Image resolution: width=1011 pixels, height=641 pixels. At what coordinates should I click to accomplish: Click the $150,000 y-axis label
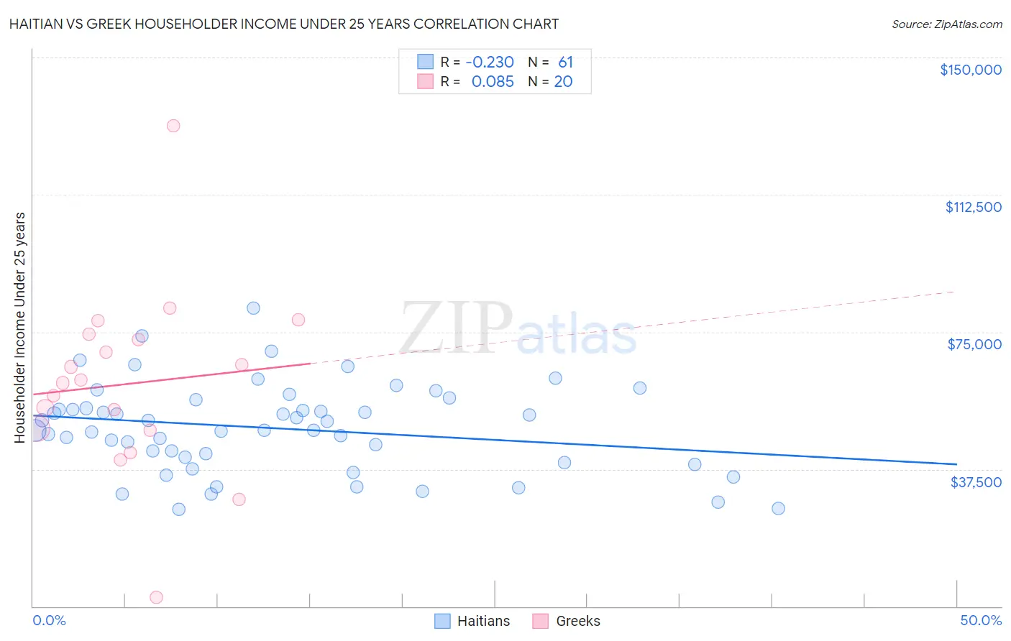tap(970, 70)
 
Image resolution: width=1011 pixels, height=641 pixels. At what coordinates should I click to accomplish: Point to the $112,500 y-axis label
tap(973, 207)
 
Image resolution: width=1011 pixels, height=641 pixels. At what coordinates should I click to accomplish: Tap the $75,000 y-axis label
tap(974, 344)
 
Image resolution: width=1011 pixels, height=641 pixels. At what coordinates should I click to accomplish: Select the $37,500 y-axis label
tap(976, 482)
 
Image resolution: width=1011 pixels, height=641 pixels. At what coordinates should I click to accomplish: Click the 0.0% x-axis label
tap(49, 620)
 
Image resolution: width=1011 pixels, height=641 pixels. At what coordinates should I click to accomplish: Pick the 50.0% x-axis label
tap(981, 620)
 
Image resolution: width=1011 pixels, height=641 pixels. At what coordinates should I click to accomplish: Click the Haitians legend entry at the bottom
tap(472, 621)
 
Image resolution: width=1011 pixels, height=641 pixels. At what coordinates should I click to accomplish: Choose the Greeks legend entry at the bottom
tap(567, 621)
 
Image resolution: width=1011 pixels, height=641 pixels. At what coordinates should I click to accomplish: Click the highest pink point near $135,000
tap(173, 126)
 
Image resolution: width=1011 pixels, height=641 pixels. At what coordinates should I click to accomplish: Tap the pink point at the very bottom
tap(156, 597)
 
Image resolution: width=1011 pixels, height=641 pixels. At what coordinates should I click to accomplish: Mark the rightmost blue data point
tap(778, 508)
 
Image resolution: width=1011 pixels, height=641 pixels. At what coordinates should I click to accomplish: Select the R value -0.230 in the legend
tap(490, 63)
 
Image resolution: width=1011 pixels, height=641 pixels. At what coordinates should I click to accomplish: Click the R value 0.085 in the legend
tap(493, 82)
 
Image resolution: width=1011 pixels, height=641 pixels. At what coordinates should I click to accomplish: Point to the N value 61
tap(565, 63)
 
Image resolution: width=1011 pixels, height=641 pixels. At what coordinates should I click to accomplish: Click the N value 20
tap(563, 82)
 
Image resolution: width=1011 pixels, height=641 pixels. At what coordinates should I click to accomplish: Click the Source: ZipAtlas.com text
tap(946, 24)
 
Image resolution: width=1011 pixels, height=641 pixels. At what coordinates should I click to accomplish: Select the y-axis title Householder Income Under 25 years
tap(20, 327)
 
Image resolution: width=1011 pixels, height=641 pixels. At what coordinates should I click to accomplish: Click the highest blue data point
tap(253, 308)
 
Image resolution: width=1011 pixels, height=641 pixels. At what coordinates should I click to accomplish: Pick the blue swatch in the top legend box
tap(426, 62)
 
